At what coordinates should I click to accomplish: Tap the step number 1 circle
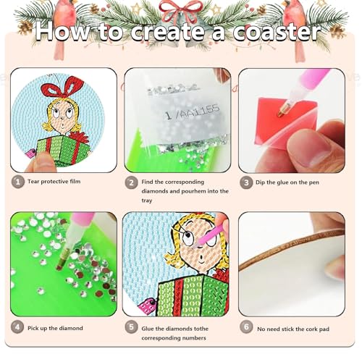pos(17,182)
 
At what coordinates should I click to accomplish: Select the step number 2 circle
pos(131,182)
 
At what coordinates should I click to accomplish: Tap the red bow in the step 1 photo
pos(59,90)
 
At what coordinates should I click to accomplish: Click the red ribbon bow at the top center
pos(180,10)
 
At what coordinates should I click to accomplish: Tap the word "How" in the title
pos(67,33)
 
